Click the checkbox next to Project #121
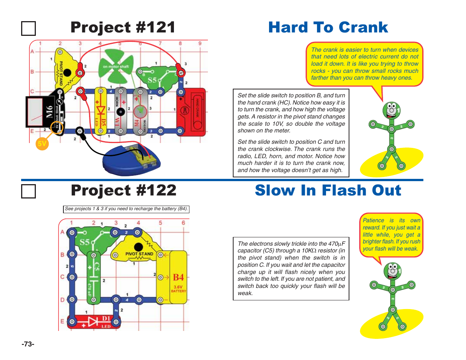[28, 29]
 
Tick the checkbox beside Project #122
[28, 191]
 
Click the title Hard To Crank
[328, 28]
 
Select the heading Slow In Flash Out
[328, 191]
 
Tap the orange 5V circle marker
[42, 143]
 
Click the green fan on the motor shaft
[118, 66]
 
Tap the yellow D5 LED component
[100, 111]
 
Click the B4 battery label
[178, 277]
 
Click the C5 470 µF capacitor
[94, 278]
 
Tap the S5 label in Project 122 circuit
[85, 242]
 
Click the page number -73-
[28, 344]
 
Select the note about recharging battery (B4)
[126, 209]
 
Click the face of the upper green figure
[391, 110]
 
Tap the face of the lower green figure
[392, 271]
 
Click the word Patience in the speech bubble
[373, 220]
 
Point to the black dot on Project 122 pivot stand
[138, 247]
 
